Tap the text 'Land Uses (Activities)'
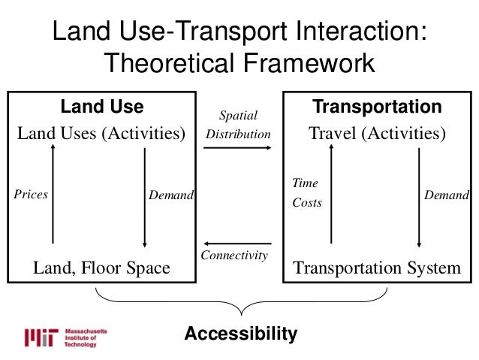pos(101,135)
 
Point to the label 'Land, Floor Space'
pos(101,268)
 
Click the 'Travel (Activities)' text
pos(377,135)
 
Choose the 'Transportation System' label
pos(377,268)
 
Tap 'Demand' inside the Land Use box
pos(171,195)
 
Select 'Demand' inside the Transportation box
pos(447,195)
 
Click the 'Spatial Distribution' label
pos(238,125)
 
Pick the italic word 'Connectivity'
pos(234,256)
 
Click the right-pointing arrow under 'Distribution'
pos(238,148)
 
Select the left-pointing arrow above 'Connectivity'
pos(238,244)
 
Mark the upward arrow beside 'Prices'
pos(53,194)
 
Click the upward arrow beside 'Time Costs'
pos(331,194)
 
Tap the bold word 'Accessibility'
pos(241,333)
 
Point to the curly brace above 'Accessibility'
pos(240,305)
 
